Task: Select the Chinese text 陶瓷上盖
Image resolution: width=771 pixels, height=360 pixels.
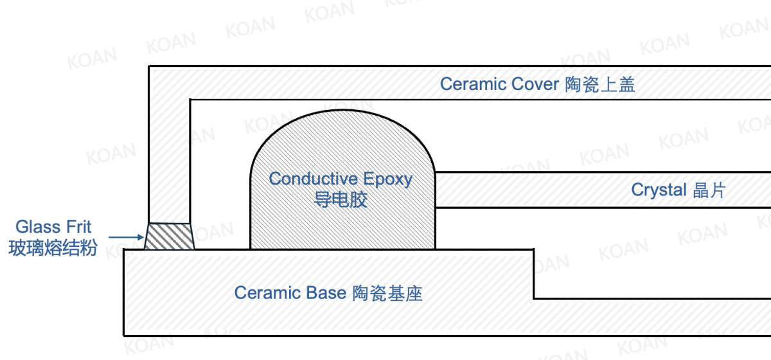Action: tap(600, 84)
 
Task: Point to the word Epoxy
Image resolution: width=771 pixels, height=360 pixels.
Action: tap(387, 179)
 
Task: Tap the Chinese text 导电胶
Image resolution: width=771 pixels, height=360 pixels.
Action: tap(341, 200)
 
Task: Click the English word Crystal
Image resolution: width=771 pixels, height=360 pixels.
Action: tap(659, 190)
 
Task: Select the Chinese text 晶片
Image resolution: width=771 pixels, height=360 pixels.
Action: tap(709, 190)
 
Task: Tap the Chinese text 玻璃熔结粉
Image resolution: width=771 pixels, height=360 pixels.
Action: tap(53, 248)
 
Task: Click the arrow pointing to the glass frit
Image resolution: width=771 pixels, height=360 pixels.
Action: tap(126, 237)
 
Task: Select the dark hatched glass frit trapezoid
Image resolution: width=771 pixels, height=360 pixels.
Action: tap(168, 237)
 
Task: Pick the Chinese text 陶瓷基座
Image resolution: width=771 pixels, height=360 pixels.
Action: tap(387, 294)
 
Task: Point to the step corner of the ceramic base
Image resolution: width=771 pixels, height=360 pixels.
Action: tap(533, 298)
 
